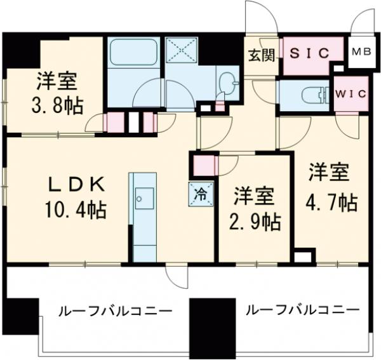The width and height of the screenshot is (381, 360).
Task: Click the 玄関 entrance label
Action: click(261, 55)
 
